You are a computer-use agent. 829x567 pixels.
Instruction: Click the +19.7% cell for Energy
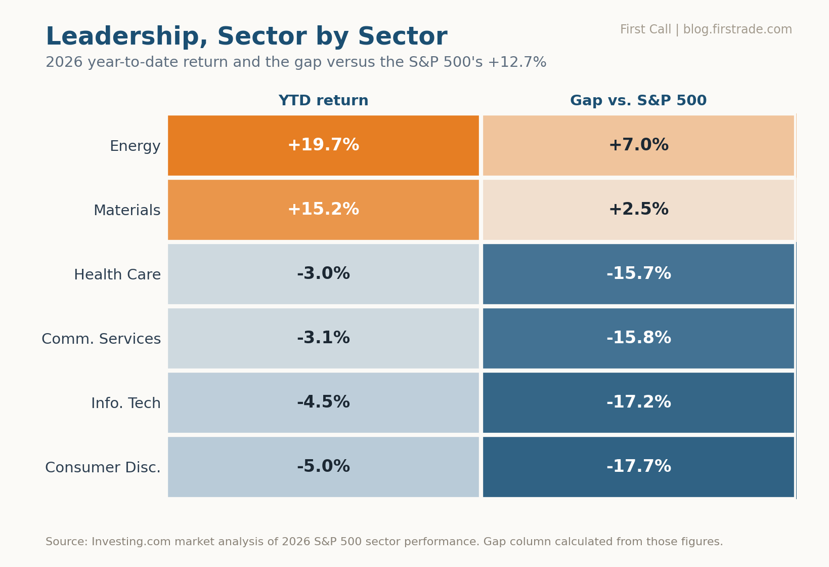coord(323,145)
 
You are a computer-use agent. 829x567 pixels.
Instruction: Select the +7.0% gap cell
coord(638,145)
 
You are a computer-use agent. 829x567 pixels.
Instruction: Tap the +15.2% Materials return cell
coord(323,210)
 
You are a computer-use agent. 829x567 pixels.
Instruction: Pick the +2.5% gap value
coord(638,209)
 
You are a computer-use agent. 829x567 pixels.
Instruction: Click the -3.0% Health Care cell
coord(323,274)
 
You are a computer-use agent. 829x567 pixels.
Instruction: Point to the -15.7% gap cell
coord(638,274)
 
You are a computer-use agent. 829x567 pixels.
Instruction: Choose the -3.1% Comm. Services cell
coord(323,338)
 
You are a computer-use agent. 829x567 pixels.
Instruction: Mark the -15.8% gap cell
coord(638,338)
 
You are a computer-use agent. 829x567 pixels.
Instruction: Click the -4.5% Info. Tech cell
coord(323,402)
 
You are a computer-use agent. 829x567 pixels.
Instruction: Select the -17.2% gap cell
coord(638,402)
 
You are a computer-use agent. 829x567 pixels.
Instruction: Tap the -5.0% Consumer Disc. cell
coord(323,467)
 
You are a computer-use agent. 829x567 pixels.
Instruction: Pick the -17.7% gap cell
coord(638,467)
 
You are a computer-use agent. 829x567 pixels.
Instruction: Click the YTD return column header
coord(323,101)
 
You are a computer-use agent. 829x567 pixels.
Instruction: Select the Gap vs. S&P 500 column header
coord(638,101)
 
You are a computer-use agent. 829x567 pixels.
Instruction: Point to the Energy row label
coord(135,146)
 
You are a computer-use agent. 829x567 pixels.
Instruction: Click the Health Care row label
coord(117,275)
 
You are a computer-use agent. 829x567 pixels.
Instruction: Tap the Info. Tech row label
coord(126,403)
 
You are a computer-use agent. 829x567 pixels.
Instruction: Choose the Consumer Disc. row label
coord(103,467)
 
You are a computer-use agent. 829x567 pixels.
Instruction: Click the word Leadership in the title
coord(126,37)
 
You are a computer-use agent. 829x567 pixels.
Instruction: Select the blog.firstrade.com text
coord(737,30)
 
